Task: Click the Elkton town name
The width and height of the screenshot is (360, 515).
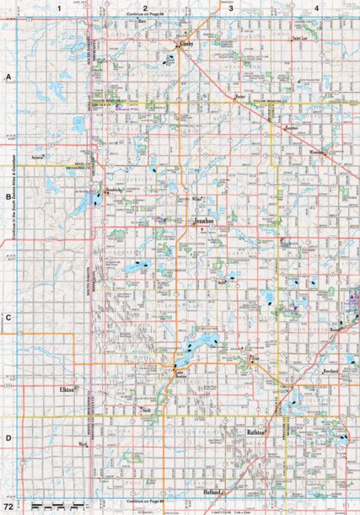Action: [x=68, y=389]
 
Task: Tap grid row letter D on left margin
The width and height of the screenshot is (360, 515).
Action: [x=8, y=437]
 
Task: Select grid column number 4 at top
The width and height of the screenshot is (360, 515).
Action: [x=315, y=7]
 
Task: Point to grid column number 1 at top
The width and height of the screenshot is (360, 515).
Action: [x=60, y=7]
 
